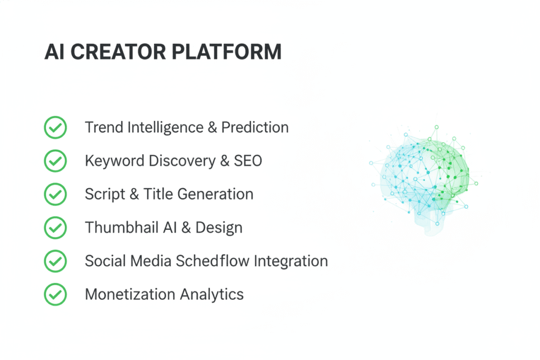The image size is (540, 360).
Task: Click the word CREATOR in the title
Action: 115,52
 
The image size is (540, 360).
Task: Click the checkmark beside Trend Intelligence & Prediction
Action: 55,128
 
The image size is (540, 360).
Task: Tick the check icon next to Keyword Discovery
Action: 55,161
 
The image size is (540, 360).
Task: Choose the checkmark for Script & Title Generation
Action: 55,194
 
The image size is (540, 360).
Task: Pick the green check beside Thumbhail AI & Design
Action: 55,228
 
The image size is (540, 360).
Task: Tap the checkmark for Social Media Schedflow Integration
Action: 55,261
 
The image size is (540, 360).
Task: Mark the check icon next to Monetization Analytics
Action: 55,294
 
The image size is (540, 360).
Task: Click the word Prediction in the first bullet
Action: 255,128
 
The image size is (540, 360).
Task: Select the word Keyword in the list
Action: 108,161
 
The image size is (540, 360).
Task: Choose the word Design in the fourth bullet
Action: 219,228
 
